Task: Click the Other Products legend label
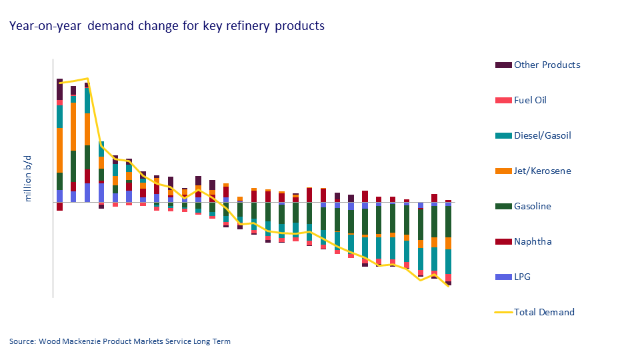(x=547, y=65)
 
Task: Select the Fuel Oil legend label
(x=530, y=100)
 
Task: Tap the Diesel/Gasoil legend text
(x=542, y=135)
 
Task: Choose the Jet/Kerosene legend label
(x=542, y=171)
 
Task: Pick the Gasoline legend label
(x=532, y=206)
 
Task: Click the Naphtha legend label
(x=532, y=241)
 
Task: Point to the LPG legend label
(x=523, y=277)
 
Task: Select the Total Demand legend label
(x=543, y=312)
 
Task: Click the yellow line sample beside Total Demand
(x=503, y=312)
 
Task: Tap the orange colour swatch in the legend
(x=503, y=171)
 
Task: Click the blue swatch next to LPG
(x=503, y=277)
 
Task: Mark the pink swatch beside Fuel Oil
(x=503, y=100)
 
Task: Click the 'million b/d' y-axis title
(x=29, y=180)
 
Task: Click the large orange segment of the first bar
(x=59, y=150)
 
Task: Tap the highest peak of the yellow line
(x=87, y=79)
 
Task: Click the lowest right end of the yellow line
(x=448, y=287)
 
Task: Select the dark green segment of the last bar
(x=448, y=221)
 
